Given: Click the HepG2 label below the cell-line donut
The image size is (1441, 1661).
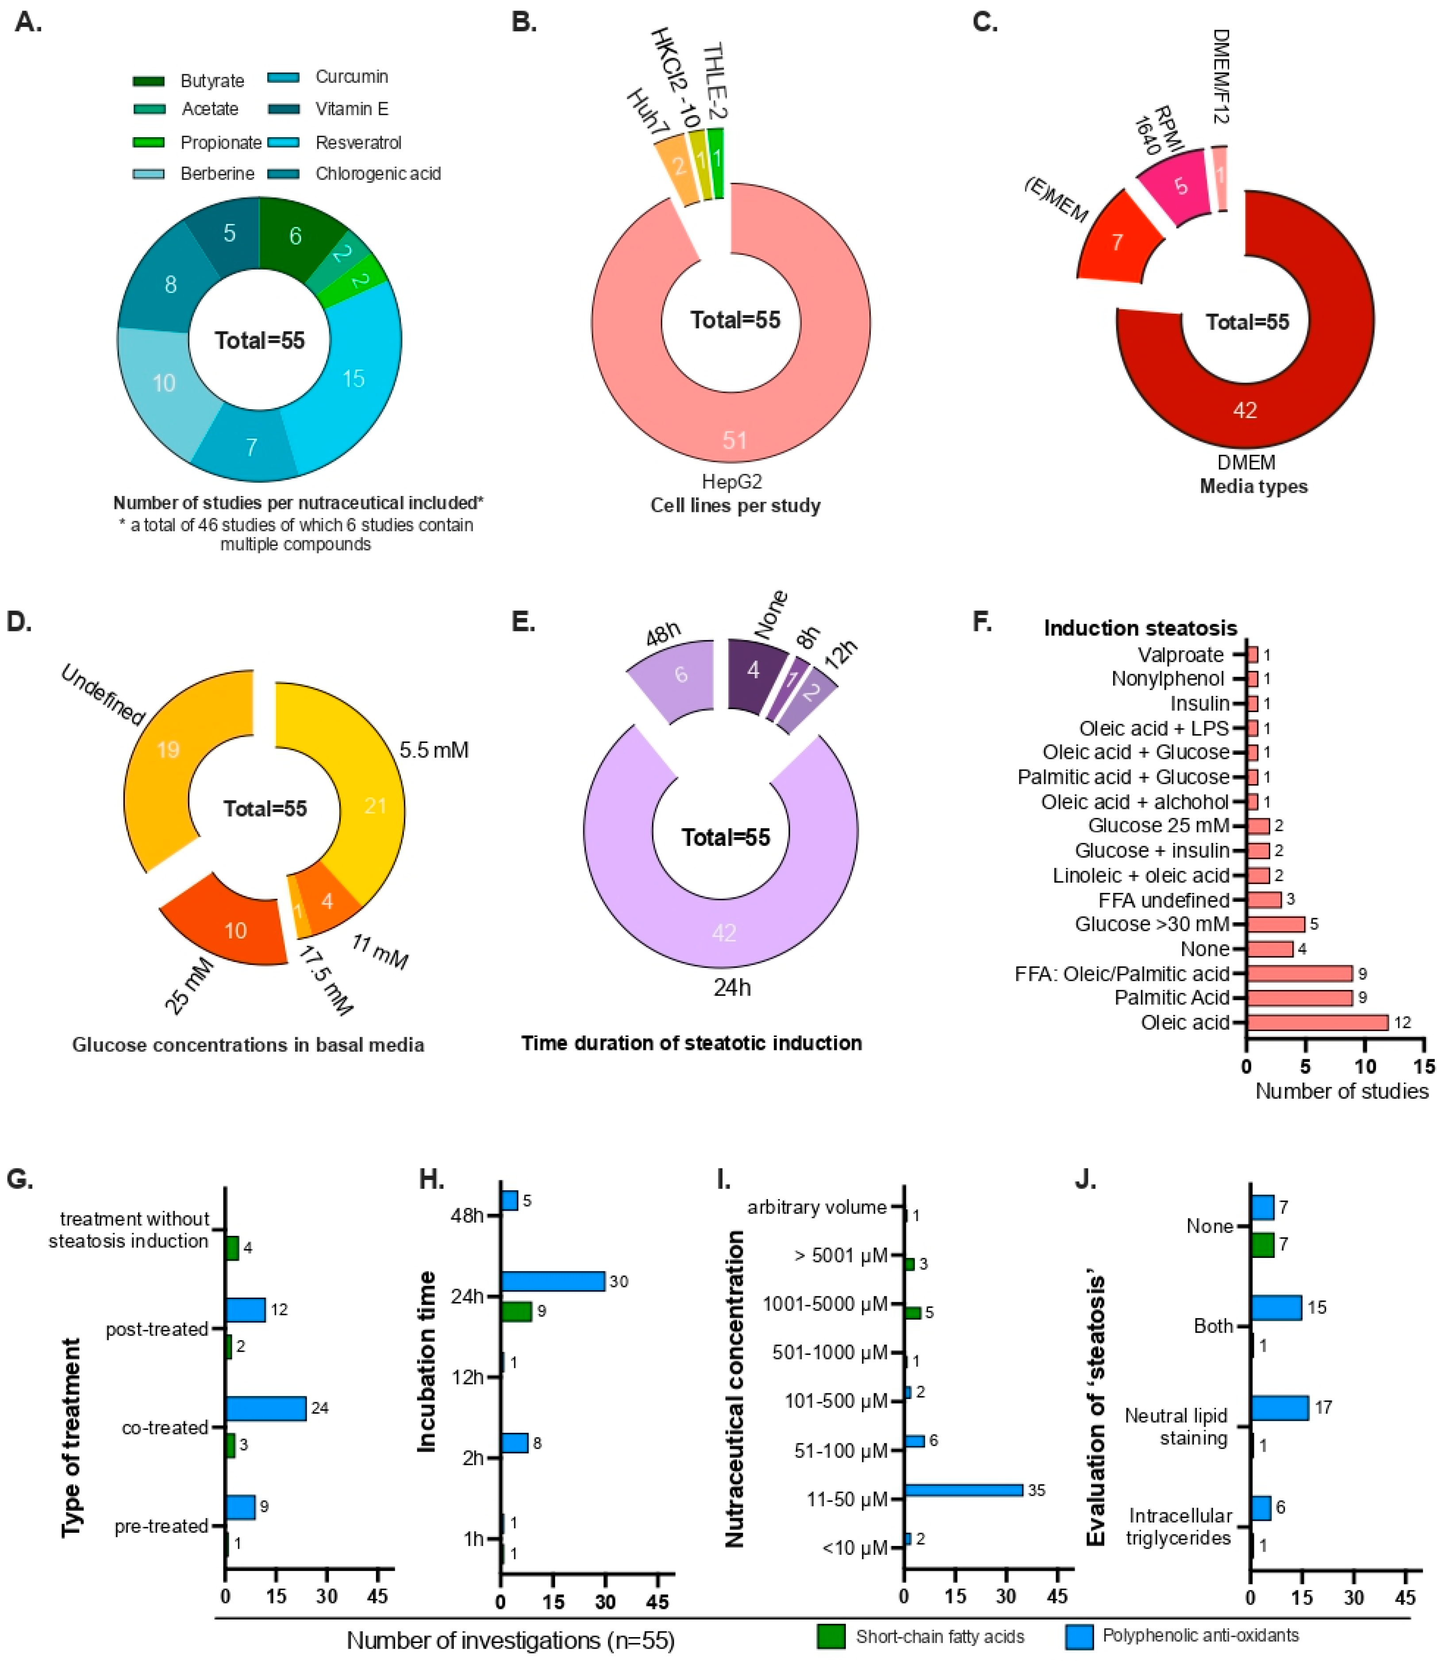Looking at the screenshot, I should click(x=732, y=481).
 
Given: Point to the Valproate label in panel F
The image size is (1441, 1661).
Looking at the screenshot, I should click(x=1180, y=655).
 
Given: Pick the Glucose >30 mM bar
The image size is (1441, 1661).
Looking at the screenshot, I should click(x=1276, y=925).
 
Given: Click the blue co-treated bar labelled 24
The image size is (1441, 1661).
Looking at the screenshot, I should click(x=265, y=1408).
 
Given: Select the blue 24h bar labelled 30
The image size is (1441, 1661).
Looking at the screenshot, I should click(x=553, y=1281).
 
